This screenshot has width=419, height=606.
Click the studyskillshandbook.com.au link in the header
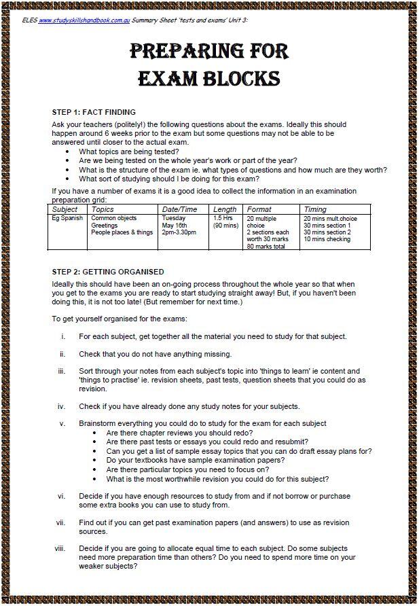pos(84,20)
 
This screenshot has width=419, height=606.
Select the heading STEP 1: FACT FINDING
pos(94,112)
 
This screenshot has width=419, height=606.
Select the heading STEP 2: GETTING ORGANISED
pos(108,272)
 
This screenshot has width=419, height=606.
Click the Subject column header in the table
pos(66,210)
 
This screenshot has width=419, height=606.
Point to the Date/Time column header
pos(180,210)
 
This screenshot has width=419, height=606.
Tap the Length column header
pos(225,210)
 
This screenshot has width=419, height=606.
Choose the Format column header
pos(259,210)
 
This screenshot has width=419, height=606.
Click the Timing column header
pos(315,210)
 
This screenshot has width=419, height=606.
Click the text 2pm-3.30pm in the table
pos(179,232)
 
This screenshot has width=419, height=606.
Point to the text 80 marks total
pos(266,247)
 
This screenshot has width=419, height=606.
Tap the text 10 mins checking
pos(327,239)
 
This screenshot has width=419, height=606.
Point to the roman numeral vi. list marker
pos(61,496)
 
